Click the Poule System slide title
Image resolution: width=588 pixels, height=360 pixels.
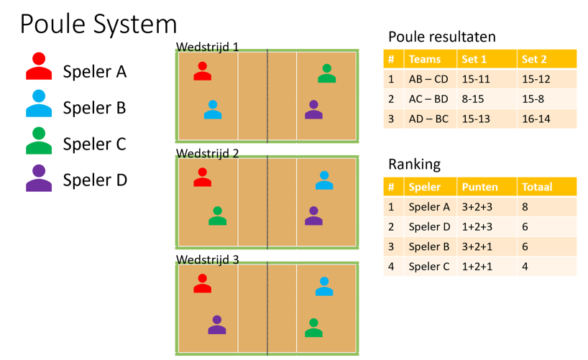tap(98, 24)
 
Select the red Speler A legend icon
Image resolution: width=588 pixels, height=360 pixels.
tap(39, 66)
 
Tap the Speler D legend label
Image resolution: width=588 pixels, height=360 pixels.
tap(95, 180)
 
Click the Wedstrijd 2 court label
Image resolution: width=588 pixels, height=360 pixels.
tap(207, 153)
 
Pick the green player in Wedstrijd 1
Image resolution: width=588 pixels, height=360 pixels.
tap(326, 73)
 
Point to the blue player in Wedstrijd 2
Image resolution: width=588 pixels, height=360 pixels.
tap(324, 180)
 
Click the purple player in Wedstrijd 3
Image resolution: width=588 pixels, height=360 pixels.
tap(217, 325)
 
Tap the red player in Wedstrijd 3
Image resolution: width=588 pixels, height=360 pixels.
tap(203, 284)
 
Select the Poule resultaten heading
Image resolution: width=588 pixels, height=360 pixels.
tap(442, 37)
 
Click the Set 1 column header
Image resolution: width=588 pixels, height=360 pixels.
tap(474, 59)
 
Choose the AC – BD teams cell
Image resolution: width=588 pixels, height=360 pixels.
tap(428, 99)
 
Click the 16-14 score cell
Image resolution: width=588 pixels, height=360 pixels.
tap(536, 119)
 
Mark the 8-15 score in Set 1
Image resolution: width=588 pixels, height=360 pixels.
tap(473, 99)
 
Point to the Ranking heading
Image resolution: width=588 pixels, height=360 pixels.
tap(414, 165)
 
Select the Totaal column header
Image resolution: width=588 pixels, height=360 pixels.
tap(537, 187)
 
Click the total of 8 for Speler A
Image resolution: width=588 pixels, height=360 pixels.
tap(525, 207)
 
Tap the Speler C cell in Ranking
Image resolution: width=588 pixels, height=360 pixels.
tap(429, 267)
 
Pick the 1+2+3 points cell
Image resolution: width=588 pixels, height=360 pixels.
tap(477, 226)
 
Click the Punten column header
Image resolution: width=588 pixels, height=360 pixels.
tap(479, 187)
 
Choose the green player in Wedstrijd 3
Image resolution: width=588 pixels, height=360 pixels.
tap(314, 328)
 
